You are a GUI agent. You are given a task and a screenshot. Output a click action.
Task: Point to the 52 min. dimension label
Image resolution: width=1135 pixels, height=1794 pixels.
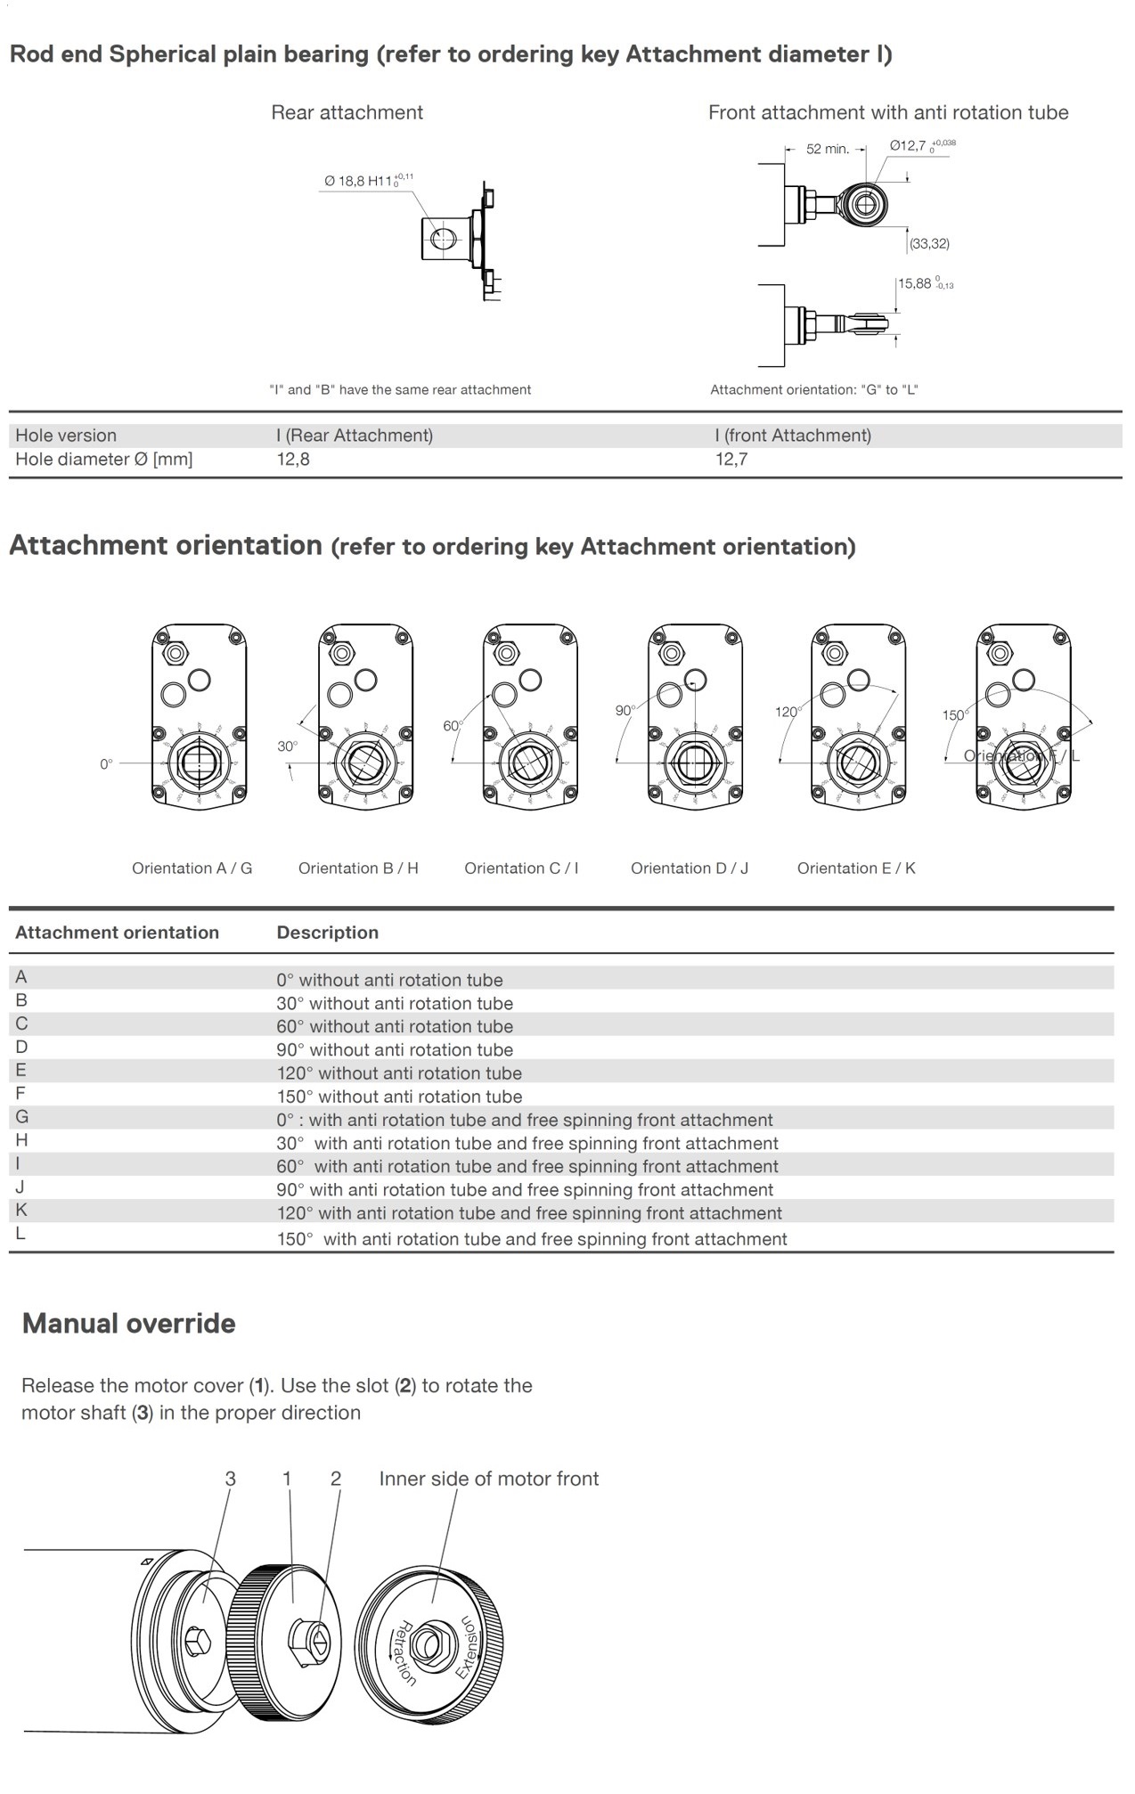(827, 149)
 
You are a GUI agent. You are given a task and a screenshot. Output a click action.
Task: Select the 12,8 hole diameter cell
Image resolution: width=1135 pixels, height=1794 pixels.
(293, 460)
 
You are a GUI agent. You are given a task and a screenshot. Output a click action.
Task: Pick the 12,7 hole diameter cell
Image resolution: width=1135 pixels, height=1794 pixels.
(731, 460)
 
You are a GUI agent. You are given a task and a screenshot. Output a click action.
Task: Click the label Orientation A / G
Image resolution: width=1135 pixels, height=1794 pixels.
(192, 868)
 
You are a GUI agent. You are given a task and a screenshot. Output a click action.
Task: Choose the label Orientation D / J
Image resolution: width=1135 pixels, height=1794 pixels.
(690, 868)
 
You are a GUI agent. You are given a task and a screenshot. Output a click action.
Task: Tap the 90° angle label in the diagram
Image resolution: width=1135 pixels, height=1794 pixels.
(625, 711)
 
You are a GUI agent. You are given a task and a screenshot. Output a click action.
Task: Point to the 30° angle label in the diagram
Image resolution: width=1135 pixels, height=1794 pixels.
(287, 746)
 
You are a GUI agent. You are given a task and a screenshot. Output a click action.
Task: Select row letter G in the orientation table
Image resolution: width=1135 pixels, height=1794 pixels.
(21, 1117)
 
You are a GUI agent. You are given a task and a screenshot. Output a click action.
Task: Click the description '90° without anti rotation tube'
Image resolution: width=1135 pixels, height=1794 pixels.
(395, 1050)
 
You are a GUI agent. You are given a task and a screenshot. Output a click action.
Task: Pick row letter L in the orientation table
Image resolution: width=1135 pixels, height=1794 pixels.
(20, 1234)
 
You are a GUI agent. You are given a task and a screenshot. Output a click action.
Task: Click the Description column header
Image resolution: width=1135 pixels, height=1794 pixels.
(327, 933)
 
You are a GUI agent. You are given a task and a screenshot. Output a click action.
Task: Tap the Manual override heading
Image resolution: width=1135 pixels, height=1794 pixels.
(129, 1324)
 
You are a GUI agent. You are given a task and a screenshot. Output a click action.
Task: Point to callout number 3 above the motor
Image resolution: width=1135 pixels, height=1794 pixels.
(230, 1479)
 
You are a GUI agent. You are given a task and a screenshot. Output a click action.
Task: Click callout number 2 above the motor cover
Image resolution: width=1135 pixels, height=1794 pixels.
(336, 1479)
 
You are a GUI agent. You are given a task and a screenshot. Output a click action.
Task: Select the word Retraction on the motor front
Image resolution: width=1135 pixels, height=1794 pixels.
(405, 1653)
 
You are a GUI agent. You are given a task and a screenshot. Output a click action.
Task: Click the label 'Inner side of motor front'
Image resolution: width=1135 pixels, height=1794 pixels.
(488, 1479)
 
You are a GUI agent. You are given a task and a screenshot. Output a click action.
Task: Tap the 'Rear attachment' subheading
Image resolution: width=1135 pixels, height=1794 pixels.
(347, 113)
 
